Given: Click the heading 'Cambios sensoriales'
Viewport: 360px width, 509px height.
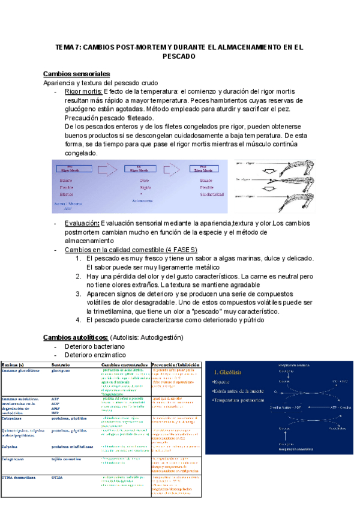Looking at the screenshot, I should (x=76, y=73).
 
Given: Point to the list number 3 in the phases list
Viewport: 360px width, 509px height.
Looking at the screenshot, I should (x=78, y=294).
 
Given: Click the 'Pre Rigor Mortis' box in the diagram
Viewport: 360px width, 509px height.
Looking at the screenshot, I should (x=71, y=169).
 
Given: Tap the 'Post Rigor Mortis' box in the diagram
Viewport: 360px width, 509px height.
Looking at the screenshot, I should (x=205, y=169).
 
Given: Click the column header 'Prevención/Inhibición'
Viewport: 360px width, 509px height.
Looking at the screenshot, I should (x=175, y=364).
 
